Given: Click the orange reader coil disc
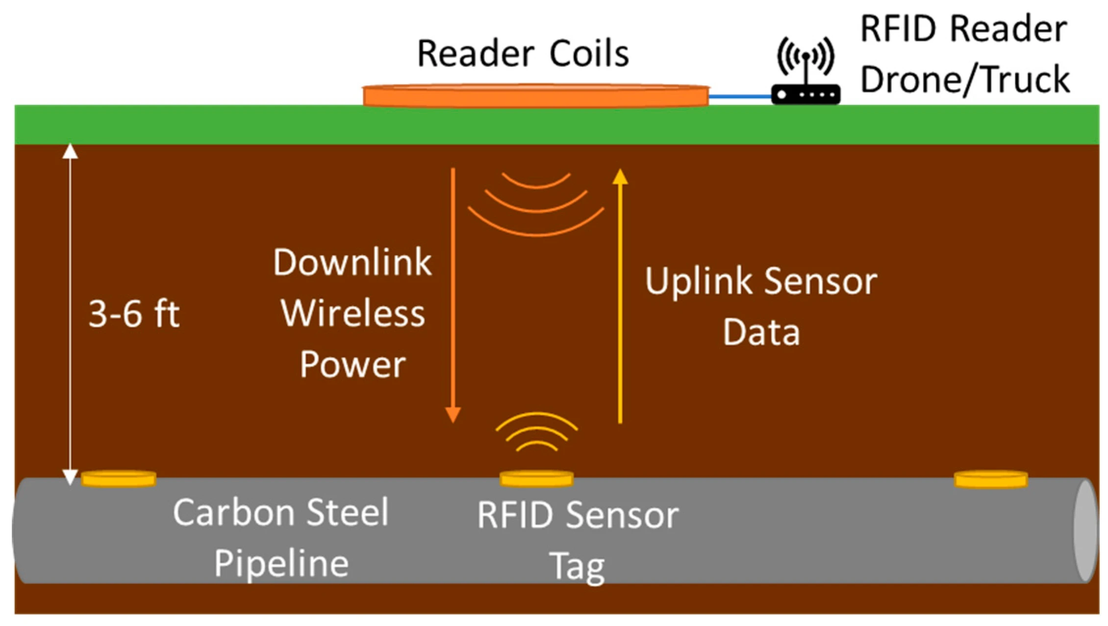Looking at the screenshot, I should click(535, 96).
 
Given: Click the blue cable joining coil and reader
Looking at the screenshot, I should click(740, 97).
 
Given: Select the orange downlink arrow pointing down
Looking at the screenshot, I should click(453, 294).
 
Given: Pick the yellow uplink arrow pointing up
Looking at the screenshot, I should click(620, 294).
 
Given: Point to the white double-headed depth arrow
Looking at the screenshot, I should click(70, 314).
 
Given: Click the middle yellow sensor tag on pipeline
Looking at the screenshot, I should click(536, 479).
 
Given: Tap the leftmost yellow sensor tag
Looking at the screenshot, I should click(118, 479).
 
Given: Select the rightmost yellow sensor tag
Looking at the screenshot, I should click(990, 479).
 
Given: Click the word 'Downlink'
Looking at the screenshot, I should click(352, 262).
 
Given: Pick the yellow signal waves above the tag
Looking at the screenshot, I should click(537, 432).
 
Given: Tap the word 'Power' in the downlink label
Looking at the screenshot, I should click(353, 365).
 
